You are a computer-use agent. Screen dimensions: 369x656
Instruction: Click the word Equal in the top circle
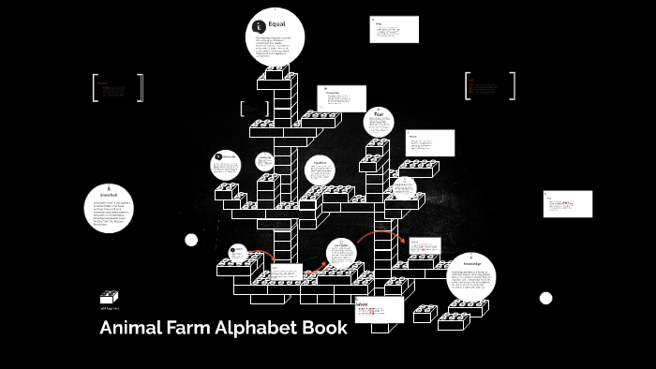point(277,24)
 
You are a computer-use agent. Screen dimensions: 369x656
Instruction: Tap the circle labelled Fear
point(379,121)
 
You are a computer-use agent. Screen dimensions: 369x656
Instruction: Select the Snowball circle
point(111,208)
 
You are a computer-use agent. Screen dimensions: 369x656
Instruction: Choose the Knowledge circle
point(470,278)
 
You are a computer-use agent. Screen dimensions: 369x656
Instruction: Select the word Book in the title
point(325,329)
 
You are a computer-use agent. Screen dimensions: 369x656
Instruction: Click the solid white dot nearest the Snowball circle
point(191,241)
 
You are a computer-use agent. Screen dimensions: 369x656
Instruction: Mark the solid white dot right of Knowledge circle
point(546,298)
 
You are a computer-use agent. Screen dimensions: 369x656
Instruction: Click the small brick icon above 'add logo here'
point(110,297)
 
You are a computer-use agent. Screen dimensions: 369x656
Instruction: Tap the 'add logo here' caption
point(110,308)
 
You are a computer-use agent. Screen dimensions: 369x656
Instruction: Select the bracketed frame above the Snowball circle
point(118,87)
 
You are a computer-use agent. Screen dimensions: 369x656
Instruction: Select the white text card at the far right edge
point(568,203)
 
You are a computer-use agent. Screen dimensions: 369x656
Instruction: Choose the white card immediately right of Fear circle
point(430,142)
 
